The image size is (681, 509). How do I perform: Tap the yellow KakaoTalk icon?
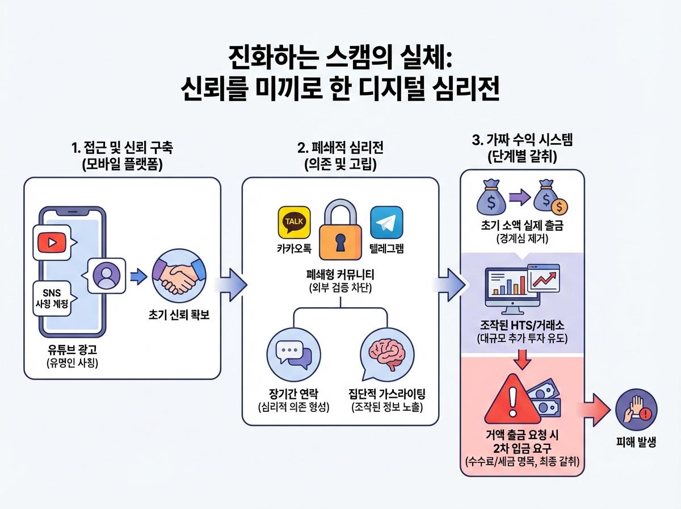[x=293, y=222]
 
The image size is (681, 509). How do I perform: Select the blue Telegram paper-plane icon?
[x=386, y=222]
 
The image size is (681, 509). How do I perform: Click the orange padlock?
[x=340, y=232]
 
